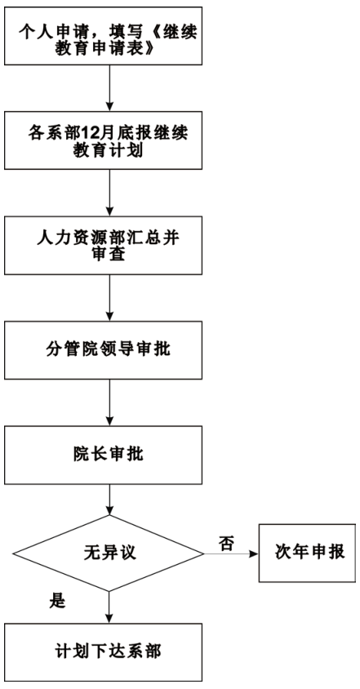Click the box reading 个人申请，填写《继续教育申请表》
pos(104,36)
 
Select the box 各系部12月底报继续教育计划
pos(104,140)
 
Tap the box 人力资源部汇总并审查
pos(104,245)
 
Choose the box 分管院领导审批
pos(104,349)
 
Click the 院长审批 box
pos(104,455)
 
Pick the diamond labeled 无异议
pos(109,553)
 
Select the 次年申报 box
pos(307,553)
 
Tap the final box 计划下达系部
pos(104,652)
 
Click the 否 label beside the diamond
pos(226,544)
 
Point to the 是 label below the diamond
pos(57,601)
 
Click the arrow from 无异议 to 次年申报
pos(231,553)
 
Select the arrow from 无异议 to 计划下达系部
pos(109,607)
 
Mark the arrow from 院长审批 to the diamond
pos(109,500)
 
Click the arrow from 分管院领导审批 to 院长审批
pos(109,402)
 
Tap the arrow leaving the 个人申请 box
pos(109,88)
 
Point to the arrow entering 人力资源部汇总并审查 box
pos(109,193)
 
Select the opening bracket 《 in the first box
pos(150,33)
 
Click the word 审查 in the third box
pos(107,255)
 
